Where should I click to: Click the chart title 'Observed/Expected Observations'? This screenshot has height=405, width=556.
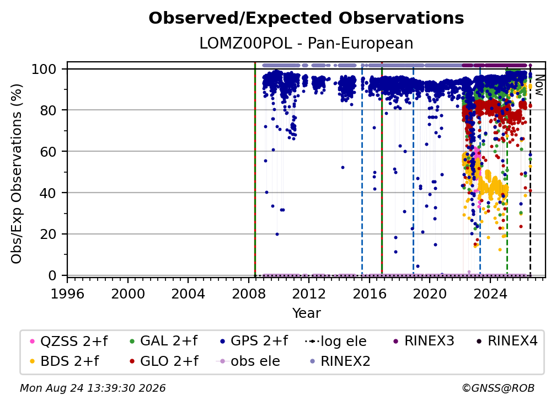click(306, 18)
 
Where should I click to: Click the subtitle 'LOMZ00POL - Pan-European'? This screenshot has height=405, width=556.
click(306, 44)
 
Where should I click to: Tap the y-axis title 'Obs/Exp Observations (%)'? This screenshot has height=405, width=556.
click(17, 174)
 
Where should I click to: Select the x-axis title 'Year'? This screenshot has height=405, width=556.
click(306, 313)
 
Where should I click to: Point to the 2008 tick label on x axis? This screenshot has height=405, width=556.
click(249, 294)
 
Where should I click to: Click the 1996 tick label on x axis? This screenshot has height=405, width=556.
click(67, 294)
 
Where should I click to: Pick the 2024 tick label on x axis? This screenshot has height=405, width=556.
click(490, 294)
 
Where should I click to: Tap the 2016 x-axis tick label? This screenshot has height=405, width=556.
click(369, 294)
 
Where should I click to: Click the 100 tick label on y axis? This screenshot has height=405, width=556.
click(44, 69)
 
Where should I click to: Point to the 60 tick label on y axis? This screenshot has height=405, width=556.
click(48, 152)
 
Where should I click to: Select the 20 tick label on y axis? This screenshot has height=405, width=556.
click(48, 235)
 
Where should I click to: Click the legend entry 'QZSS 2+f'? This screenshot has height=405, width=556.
click(68, 341)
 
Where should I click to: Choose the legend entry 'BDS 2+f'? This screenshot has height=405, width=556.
click(64, 361)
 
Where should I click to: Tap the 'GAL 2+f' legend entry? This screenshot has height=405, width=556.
click(163, 341)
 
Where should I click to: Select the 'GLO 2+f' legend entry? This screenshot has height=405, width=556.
click(164, 361)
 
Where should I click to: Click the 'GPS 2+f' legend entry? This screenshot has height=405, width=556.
click(254, 341)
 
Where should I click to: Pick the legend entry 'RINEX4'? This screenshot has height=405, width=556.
click(507, 341)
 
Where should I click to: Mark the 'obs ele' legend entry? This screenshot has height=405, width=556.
click(248, 361)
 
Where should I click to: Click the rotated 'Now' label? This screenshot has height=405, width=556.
click(539, 86)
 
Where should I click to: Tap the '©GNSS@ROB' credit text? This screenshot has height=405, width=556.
click(498, 388)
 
